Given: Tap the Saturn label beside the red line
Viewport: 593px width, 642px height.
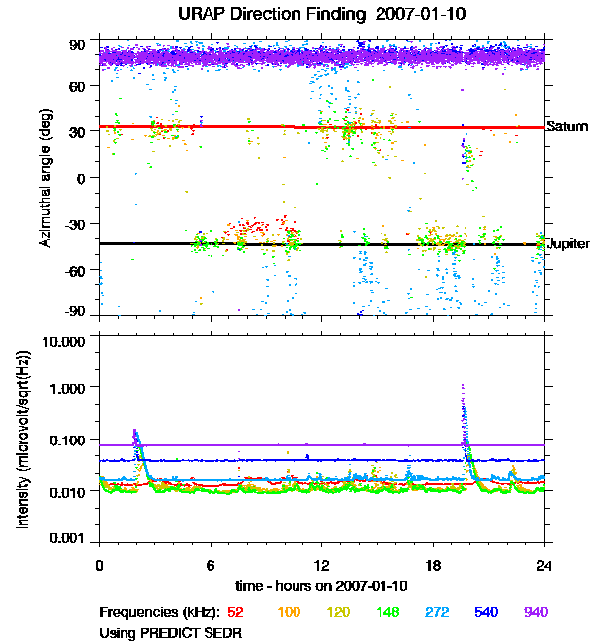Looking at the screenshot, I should click(566, 127).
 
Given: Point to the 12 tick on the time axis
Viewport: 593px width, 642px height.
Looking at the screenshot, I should click(321, 565).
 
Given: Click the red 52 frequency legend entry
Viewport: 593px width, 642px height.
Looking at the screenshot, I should click(235, 613).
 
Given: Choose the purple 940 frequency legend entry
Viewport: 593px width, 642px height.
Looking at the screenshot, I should click(535, 613).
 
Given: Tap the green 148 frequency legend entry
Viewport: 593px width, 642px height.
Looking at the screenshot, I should click(387, 613).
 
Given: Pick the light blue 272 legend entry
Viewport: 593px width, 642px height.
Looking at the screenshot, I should click(437, 613).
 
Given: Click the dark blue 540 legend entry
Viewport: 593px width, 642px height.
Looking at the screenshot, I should click(486, 613).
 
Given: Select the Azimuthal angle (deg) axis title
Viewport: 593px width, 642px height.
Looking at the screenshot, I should click(45, 178).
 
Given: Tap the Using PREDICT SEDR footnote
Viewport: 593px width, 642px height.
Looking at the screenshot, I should click(169, 631).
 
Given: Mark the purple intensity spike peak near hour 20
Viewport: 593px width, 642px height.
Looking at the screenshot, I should click(463, 386).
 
